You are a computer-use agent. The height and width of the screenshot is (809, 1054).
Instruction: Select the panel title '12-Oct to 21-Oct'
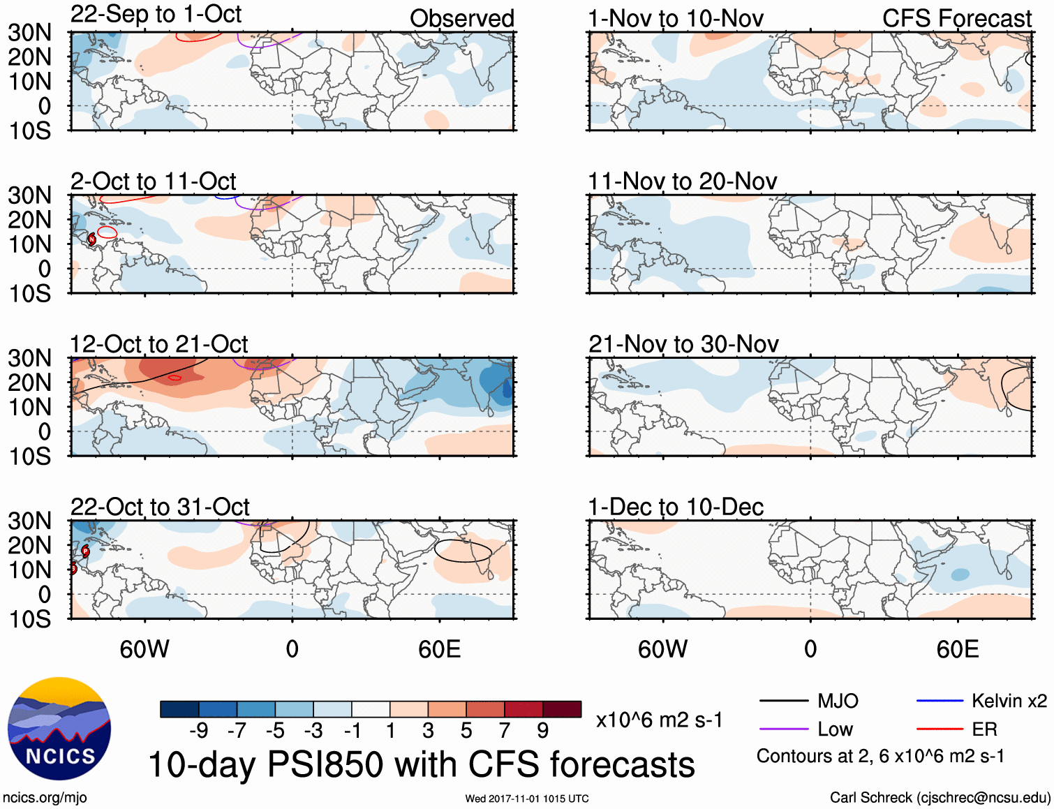(x=159, y=344)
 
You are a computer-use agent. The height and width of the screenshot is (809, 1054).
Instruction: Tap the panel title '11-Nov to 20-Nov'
(x=682, y=181)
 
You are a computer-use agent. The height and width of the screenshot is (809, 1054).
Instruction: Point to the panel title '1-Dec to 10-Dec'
(x=676, y=507)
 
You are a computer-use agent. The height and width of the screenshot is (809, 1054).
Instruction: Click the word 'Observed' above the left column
(x=461, y=19)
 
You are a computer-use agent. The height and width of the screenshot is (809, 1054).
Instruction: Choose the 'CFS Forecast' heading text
(x=956, y=19)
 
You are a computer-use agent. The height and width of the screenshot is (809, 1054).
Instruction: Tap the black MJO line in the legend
(x=783, y=701)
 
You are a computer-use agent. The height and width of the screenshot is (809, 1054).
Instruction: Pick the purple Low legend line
(x=783, y=729)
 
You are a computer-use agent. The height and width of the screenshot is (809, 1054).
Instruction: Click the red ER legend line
(x=939, y=729)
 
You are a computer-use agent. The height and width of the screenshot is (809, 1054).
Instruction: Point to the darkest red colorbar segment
(x=562, y=709)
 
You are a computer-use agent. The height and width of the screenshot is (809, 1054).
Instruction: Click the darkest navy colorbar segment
(x=179, y=709)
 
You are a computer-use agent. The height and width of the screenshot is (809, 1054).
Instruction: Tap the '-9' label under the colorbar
(x=199, y=731)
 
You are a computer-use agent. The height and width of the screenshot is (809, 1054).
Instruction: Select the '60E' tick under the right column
(x=957, y=650)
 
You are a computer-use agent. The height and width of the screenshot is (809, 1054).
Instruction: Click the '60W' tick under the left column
(x=144, y=650)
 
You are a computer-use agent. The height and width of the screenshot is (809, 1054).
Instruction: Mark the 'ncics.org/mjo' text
(x=45, y=798)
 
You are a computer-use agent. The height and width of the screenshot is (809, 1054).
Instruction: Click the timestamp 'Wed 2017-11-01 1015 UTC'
(x=527, y=799)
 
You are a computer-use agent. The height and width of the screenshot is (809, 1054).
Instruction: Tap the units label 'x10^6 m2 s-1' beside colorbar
(x=659, y=720)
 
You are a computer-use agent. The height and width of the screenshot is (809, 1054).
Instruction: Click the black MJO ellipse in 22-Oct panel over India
(x=435, y=551)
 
